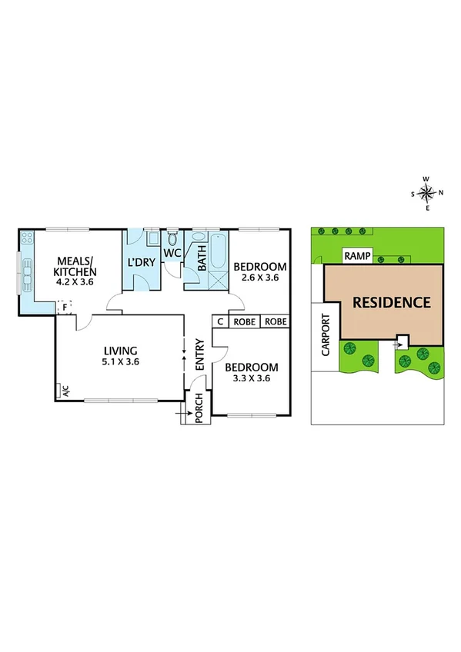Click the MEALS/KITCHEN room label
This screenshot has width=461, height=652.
point(75,265)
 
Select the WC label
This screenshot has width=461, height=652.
point(172,253)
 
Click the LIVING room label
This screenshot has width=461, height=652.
point(121,349)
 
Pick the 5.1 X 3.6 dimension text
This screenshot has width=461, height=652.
point(121,361)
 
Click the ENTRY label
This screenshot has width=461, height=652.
point(199,355)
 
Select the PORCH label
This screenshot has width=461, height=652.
point(199,407)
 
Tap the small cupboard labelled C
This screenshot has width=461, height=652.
point(220,321)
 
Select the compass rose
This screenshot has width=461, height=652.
point(429,193)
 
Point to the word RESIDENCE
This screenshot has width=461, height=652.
point(391,302)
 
